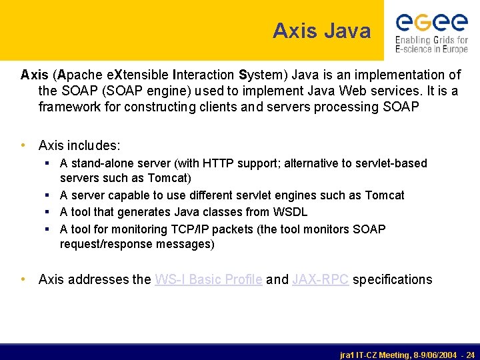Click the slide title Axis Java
(x=321, y=31)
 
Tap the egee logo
(x=431, y=32)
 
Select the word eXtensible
(x=135, y=75)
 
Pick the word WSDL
(x=291, y=212)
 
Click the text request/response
(x=107, y=244)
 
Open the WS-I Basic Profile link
(x=208, y=279)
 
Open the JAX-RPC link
(x=320, y=279)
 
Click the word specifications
(x=392, y=279)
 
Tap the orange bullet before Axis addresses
(x=24, y=279)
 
